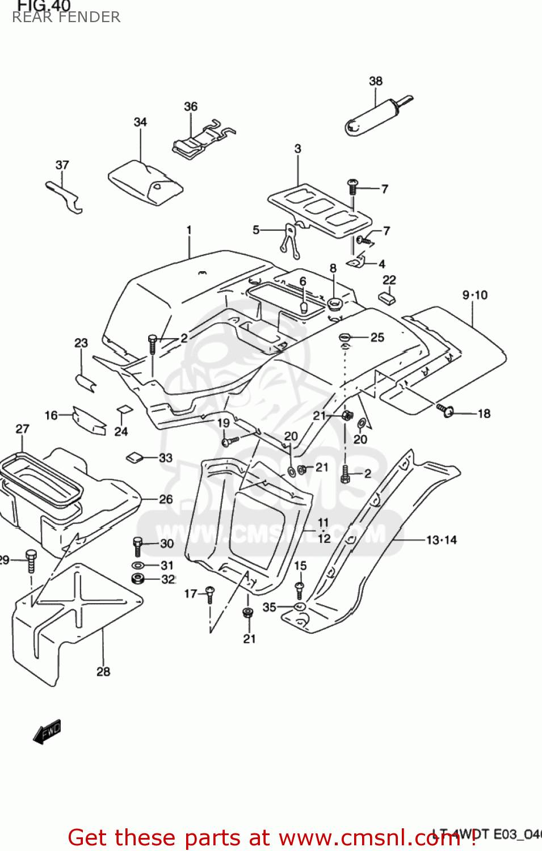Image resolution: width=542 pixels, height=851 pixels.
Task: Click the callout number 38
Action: (x=376, y=81)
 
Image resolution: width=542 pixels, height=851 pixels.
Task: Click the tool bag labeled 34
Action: (x=146, y=183)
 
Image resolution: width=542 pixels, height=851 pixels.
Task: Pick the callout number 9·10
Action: (x=474, y=295)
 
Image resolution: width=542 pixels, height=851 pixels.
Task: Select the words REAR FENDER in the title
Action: (x=66, y=18)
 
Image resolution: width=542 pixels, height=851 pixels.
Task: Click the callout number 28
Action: (x=103, y=672)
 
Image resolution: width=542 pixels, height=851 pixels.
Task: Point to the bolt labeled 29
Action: (x=31, y=560)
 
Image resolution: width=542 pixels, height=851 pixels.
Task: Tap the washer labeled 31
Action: (x=138, y=566)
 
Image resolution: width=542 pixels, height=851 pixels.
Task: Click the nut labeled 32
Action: (x=138, y=579)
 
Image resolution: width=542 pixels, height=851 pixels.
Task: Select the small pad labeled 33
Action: (x=135, y=457)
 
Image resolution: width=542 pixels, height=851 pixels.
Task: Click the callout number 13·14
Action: (x=441, y=540)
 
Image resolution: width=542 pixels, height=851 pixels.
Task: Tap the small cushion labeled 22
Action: (x=387, y=298)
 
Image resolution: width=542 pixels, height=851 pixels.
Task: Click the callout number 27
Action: (x=22, y=429)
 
